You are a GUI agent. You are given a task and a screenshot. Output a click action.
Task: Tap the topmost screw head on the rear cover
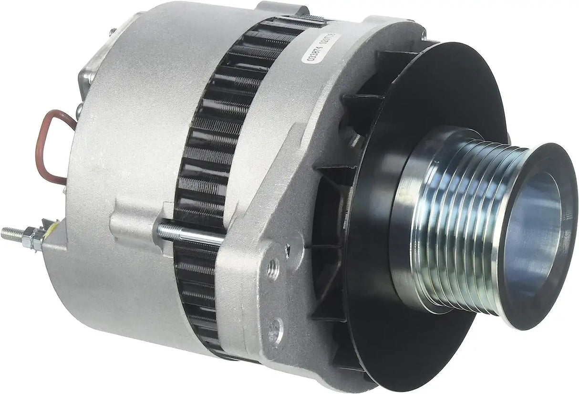112,32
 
